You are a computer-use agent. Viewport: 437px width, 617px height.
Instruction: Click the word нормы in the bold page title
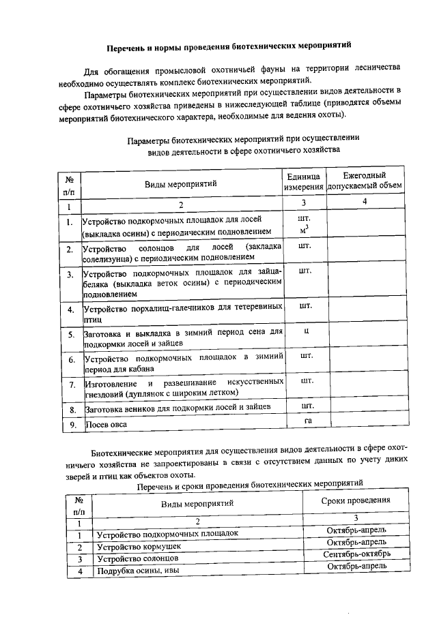click(x=165, y=47)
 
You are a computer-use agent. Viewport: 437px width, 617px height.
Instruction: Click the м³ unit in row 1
click(x=305, y=228)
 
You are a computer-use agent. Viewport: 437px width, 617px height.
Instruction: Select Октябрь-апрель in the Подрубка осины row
click(x=356, y=566)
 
